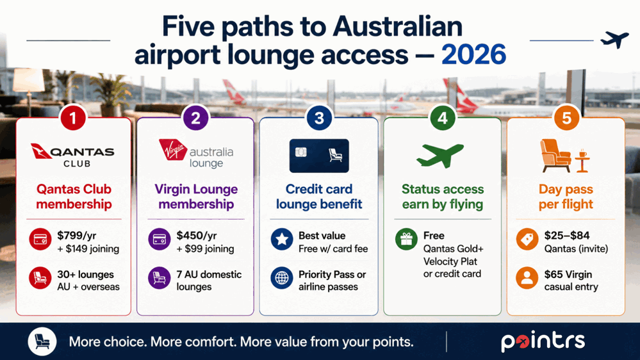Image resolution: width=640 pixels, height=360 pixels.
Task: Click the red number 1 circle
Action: [x=73, y=118]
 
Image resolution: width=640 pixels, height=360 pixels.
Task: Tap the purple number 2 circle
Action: [x=196, y=118]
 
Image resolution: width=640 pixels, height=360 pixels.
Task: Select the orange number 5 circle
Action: [x=566, y=118]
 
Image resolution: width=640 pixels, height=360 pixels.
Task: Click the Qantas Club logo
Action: [x=73, y=156]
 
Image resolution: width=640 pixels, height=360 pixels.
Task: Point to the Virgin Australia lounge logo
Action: [x=196, y=154]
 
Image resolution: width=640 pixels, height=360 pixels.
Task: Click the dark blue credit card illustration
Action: [x=319, y=156]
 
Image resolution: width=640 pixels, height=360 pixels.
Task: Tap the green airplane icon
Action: [x=440, y=155]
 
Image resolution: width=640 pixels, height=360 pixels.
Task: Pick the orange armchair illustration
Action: [x=555, y=156]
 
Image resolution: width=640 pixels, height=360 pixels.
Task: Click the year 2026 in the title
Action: [x=473, y=54]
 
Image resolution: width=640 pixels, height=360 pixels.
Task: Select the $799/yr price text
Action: [x=77, y=236]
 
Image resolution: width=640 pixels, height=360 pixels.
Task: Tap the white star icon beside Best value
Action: [x=282, y=240]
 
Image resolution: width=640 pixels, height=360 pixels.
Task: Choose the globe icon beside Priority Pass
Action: [x=282, y=278]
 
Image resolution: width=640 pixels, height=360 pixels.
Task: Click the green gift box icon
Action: [x=406, y=239]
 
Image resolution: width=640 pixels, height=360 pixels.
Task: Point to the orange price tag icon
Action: [x=527, y=239]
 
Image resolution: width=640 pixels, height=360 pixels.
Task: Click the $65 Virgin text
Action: [x=568, y=274]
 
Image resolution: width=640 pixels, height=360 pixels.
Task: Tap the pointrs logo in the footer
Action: [x=543, y=341]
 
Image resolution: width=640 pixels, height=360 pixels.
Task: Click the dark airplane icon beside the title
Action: [x=614, y=40]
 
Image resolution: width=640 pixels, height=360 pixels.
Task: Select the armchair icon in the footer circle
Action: [x=42, y=341]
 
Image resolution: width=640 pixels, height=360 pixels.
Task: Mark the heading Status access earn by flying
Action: [x=443, y=196]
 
